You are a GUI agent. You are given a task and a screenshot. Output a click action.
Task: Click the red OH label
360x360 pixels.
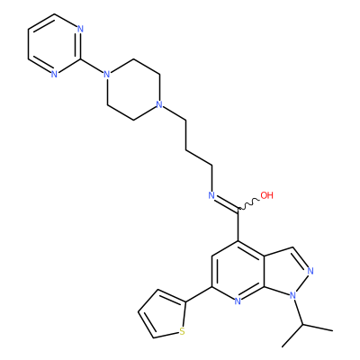point(266,195)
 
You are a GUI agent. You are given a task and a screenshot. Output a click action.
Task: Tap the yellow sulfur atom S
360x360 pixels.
point(181,331)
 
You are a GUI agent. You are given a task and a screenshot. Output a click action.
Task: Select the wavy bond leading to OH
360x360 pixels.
point(249,204)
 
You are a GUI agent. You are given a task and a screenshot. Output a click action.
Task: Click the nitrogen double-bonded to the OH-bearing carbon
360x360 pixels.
point(211,195)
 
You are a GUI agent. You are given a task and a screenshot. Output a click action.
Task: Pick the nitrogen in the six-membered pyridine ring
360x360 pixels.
point(238,301)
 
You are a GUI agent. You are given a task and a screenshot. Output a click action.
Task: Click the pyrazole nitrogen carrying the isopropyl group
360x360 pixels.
point(292,296)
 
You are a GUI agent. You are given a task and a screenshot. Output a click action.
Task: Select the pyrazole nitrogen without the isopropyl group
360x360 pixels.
point(310,271)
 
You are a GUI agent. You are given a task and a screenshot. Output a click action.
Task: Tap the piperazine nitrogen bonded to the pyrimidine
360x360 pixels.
point(106,74)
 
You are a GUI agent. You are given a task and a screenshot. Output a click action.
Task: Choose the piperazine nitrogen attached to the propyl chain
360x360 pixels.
point(159,105)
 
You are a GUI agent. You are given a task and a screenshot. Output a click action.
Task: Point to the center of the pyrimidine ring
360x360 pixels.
point(54,44)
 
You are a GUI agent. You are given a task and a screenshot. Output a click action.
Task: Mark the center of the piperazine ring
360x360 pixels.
point(133,89)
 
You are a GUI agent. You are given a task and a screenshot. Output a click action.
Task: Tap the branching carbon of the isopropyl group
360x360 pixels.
point(302,325)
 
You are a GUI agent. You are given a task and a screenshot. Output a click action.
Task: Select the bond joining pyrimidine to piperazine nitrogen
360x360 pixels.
point(92,66)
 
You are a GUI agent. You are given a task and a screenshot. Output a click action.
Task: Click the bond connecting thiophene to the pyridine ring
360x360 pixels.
point(199,294)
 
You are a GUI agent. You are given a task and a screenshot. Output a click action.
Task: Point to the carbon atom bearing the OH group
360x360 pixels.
point(238,209)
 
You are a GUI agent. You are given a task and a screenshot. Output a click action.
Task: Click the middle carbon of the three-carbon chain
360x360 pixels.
point(186,148)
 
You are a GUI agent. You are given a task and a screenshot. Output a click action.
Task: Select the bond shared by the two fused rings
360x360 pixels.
point(264,271)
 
